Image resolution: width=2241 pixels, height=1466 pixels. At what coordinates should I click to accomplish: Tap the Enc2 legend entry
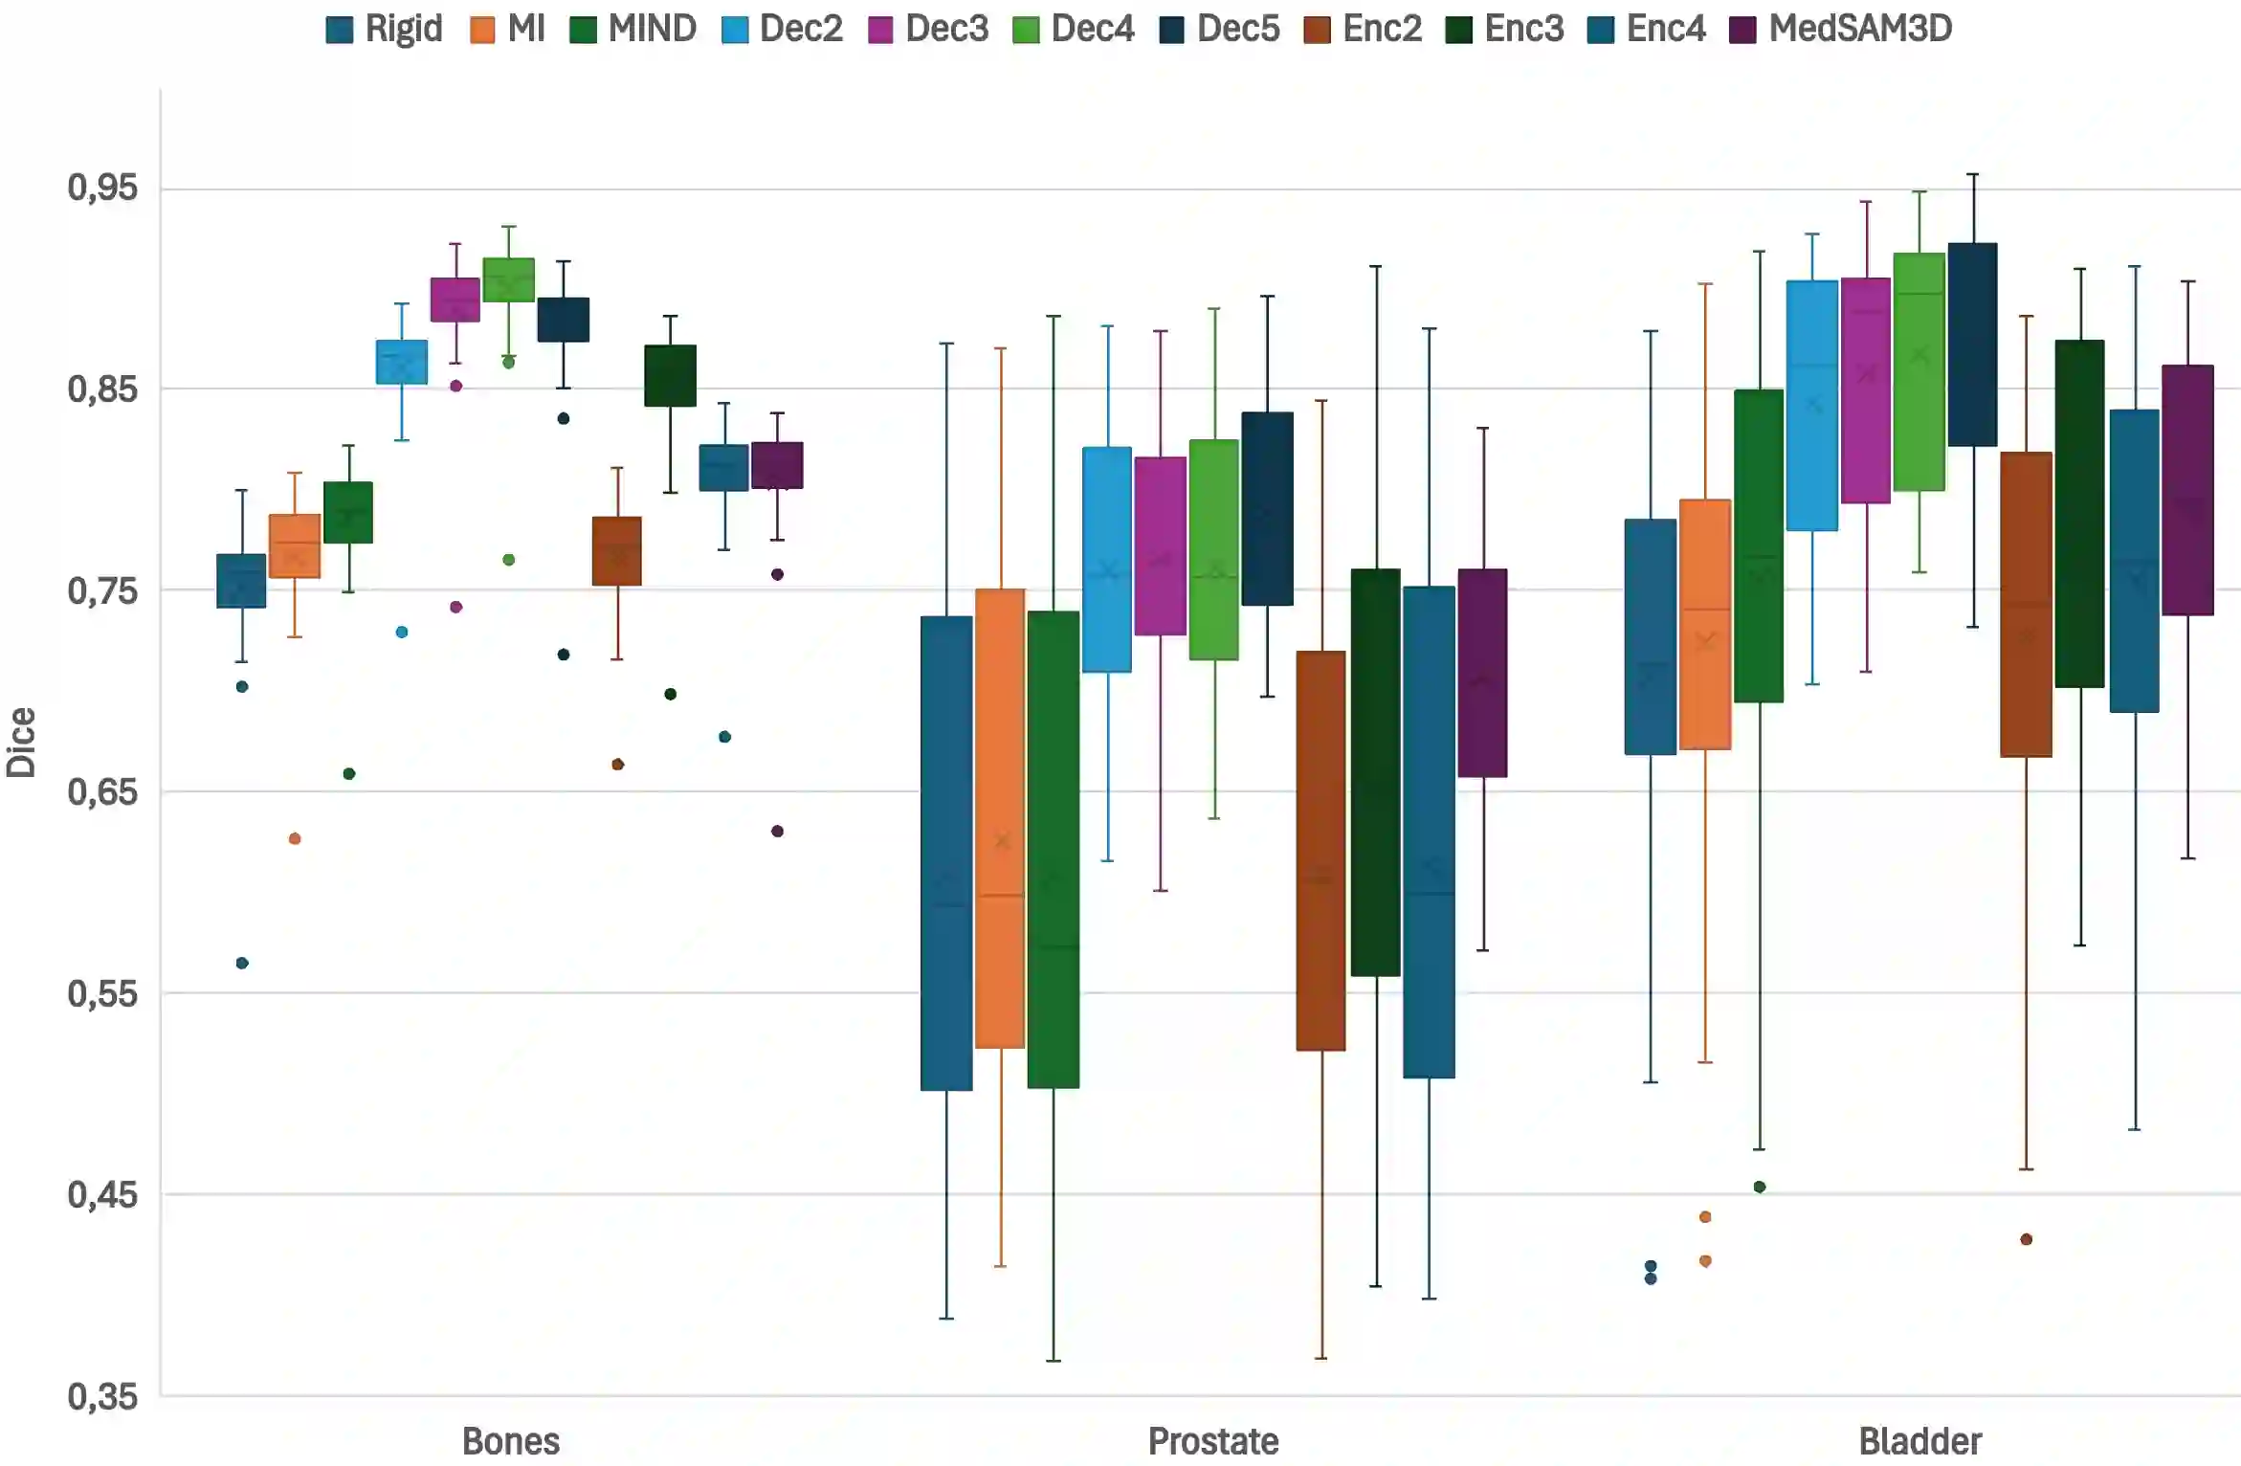click(x=1364, y=29)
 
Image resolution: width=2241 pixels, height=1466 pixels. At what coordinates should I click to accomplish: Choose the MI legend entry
click(x=508, y=29)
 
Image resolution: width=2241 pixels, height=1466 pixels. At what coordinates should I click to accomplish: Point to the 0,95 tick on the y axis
click(x=102, y=188)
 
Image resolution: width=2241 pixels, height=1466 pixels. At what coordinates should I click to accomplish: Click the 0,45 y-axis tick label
click(x=102, y=1195)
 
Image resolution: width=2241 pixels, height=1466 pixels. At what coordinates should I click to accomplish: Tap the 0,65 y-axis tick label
click(x=102, y=792)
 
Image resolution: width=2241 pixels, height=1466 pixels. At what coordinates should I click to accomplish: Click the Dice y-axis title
click(x=21, y=743)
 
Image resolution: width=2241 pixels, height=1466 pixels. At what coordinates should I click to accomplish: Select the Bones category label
click(x=510, y=1441)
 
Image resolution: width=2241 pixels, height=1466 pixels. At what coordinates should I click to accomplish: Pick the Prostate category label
click(x=1212, y=1441)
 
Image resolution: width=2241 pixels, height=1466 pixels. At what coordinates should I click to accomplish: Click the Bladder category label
click(x=1919, y=1441)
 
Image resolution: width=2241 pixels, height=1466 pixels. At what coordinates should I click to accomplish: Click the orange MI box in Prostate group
click(x=1000, y=818)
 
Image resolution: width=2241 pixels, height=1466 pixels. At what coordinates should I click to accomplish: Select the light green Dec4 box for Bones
click(x=509, y=279)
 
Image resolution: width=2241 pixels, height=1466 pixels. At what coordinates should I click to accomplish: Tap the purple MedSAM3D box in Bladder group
click(x=2187, y=490)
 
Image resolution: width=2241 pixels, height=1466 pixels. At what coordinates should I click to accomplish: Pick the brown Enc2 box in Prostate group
click(x=1320, y=851)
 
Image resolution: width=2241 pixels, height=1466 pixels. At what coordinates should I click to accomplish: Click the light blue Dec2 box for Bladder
click(x=1812, y=406)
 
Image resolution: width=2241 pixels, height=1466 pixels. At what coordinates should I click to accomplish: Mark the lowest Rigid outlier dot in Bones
click(x=242, y=963)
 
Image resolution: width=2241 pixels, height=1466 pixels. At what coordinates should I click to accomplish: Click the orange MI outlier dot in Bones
click(x=295, y=839)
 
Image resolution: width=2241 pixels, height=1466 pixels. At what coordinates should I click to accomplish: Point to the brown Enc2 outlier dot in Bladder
click(x=2026, y=1239)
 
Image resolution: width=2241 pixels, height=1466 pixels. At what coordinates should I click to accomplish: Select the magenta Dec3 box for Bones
click(x=455, y=300)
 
